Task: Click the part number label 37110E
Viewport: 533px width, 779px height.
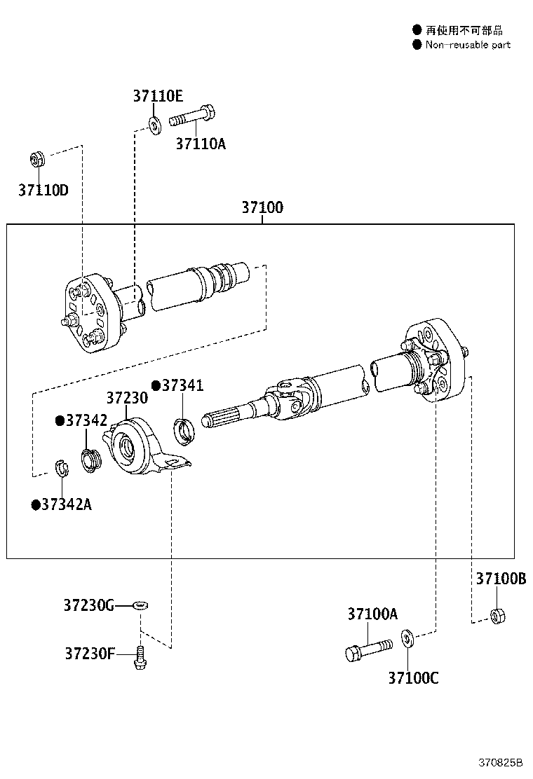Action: point(158,97)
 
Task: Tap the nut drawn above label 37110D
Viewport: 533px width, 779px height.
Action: point(38,158)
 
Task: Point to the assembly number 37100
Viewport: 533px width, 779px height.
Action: point(262,207)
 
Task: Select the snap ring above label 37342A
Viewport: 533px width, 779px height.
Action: point(62,468)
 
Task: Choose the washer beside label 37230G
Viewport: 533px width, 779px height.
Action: point(140,605)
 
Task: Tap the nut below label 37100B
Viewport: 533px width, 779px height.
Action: point(497,616)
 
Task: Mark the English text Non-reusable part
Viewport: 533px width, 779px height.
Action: point(468,45)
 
